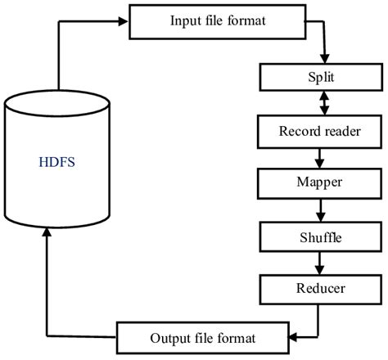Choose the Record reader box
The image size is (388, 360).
[x=320, y=130]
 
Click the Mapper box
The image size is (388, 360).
[x=320, y=182]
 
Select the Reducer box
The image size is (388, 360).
[x=320, y=288]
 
